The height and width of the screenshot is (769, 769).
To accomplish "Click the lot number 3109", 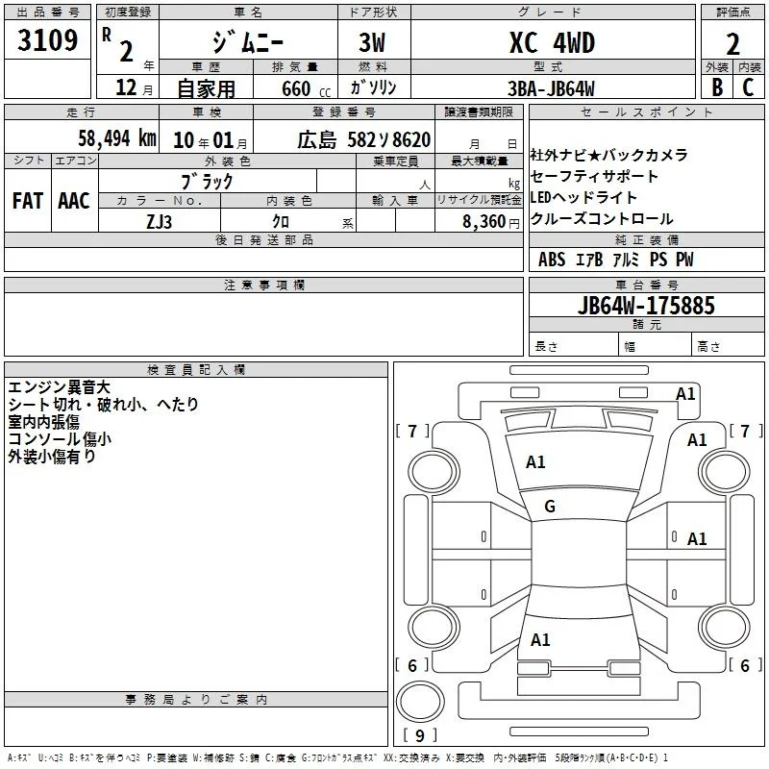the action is (x=47, y=40).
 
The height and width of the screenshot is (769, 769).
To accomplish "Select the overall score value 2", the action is (x=732, y=44).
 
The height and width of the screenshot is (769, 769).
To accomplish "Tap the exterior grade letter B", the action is (x=717, y=87).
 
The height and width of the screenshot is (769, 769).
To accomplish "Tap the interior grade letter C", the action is (x=748, y=87).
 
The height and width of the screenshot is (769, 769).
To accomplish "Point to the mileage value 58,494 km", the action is (x=117, y=138).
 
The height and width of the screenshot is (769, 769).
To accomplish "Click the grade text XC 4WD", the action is (x=552, y=42).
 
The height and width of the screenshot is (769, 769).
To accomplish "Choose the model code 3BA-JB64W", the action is (x=551, y=88).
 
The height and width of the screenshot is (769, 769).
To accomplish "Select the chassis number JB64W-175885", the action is (x=646, y=305).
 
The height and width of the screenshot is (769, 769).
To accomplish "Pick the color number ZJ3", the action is (x=159, y=222).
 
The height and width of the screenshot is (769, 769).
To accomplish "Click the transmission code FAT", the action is (x=28, y=201).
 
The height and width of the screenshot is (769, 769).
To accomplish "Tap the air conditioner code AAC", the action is (x=74, y=201).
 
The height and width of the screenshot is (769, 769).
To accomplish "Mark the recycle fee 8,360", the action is (x=484, y=222).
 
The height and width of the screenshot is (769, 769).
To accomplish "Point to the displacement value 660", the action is (x=296, y=88).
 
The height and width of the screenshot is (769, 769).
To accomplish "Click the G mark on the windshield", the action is (x=550, y=507).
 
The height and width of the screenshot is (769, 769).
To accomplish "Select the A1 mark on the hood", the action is (x=535, y=462).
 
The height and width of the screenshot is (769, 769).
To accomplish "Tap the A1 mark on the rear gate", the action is (x=540, y=640).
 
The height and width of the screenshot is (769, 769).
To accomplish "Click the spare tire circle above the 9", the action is (x=420, y=702).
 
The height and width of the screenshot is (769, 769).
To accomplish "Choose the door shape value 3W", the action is (x=372, y=42).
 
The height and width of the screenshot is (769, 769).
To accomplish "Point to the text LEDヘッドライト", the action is (x=583, y=198).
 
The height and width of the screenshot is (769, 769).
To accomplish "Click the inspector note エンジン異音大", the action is (x=59, y=387).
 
